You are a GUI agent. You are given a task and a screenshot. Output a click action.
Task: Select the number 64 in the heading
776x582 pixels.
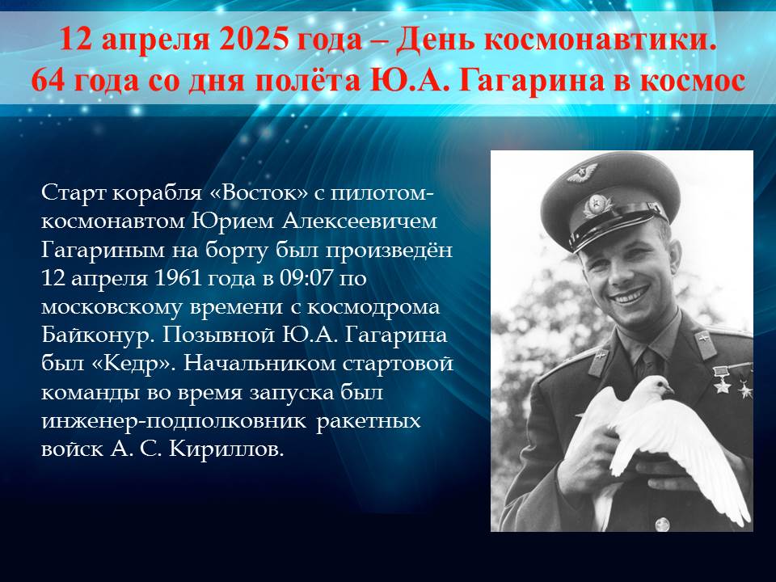click(x=48, y=81)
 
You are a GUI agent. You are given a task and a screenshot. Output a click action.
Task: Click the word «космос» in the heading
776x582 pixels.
click(x=693, y=82)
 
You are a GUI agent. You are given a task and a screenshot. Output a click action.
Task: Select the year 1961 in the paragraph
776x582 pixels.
click(x=178, y=278)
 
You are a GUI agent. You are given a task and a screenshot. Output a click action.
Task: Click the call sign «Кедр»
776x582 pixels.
click(x=134, y=365)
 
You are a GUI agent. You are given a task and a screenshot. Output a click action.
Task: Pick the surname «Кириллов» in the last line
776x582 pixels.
click(x=226, y=449)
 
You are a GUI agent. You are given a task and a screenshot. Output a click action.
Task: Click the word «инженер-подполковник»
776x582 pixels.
click(x=174, y=422)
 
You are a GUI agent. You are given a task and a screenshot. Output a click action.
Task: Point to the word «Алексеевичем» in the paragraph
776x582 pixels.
click(x=360, y=221)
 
